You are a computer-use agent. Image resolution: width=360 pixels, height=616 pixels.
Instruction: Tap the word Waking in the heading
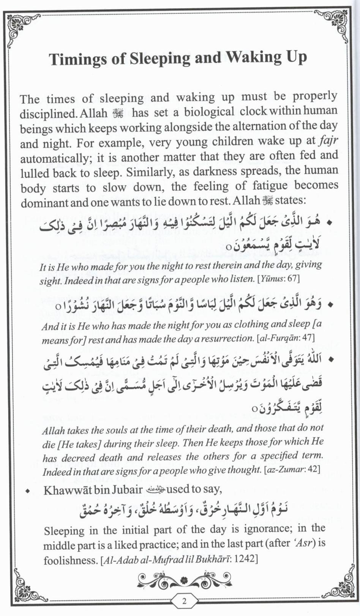tap(253, 57)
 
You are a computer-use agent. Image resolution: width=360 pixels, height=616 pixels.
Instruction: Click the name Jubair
tap(124, 489)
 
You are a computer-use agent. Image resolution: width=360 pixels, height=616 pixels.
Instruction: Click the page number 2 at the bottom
tap(185, 601)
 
